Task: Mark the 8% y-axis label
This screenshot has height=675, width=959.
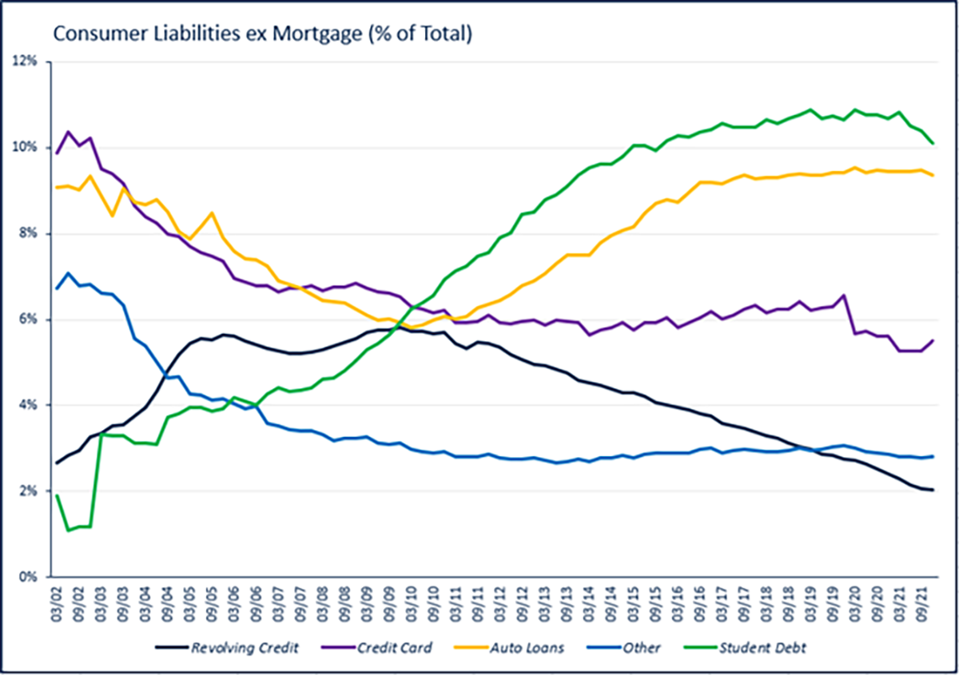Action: point(30,234)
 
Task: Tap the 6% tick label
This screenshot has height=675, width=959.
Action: point(30,320)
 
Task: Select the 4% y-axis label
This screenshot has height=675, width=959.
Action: point(30,405)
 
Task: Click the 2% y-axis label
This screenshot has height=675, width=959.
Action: point(30,491)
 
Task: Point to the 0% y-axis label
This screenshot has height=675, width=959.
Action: point(30,577)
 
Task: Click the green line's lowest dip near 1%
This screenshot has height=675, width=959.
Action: point(68,530)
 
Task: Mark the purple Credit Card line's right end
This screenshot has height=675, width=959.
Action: point(933,340)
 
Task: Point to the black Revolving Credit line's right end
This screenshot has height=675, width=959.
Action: point(933,490)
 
